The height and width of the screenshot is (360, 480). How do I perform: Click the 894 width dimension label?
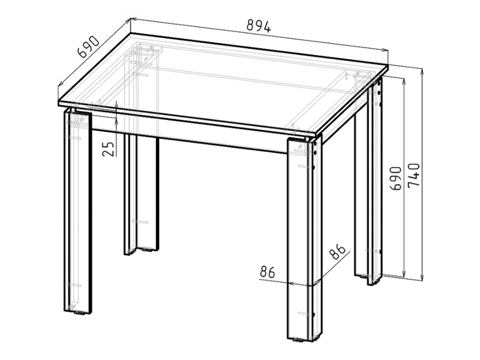259,26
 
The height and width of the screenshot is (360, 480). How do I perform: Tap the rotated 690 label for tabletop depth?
88,47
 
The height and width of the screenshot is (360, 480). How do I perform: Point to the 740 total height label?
413,175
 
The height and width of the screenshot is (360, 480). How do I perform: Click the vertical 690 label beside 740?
395,178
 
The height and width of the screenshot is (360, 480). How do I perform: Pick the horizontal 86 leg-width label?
268,272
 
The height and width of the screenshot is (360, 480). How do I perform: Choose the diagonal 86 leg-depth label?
337,251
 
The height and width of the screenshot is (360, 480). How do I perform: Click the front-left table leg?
78,211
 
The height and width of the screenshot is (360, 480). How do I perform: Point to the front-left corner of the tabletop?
58,103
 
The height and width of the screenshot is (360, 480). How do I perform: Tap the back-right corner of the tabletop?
388,65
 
